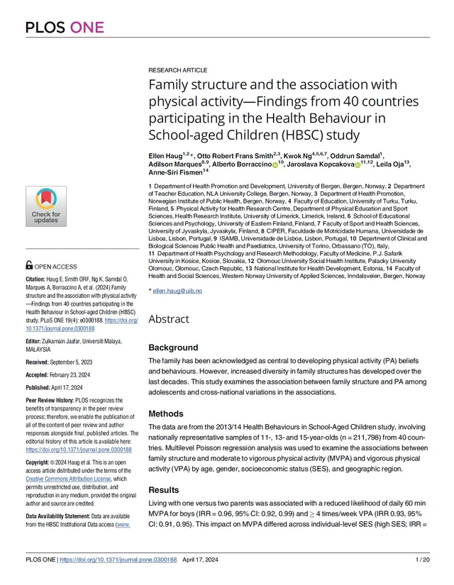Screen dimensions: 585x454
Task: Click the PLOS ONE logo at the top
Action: coord(65,28)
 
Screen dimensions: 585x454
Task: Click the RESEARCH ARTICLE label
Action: coord(177,70)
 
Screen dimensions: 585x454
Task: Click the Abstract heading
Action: coord(169,319)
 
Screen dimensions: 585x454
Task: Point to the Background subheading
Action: coord(172,348)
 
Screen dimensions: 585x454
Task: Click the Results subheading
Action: coord(164,490)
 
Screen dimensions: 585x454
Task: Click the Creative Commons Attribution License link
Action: coord(74,479)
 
